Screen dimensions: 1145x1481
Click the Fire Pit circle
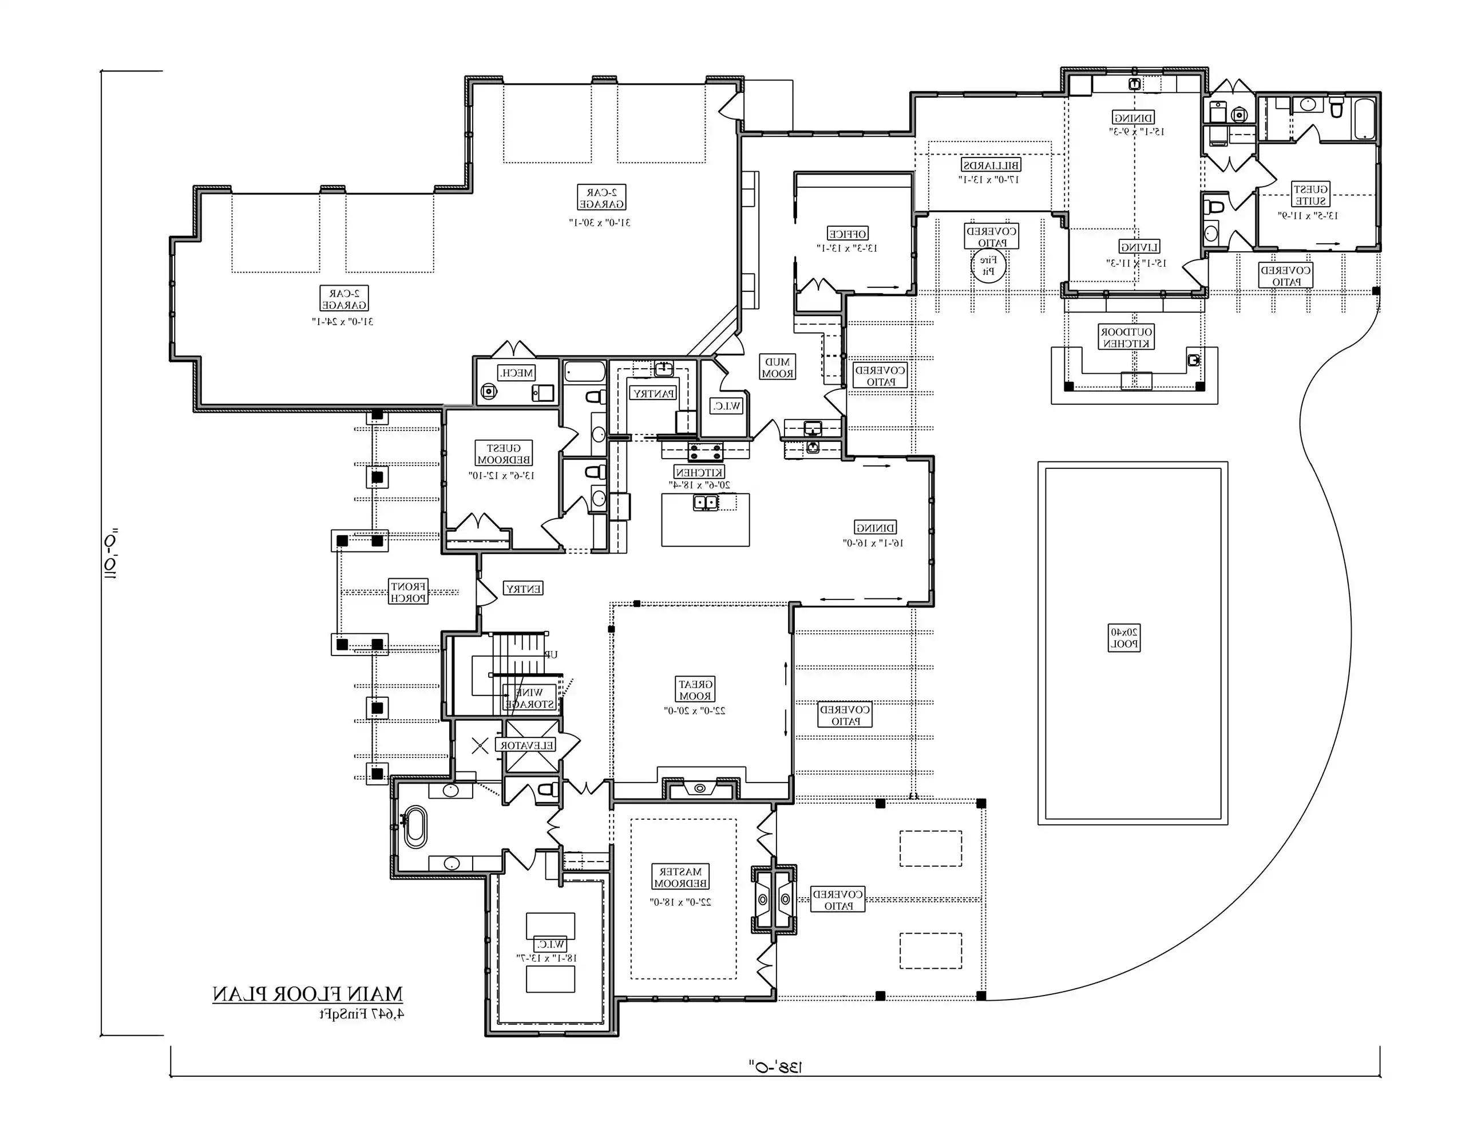(x=989, y=265)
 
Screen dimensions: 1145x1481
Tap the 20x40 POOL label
(x=1124, y=638)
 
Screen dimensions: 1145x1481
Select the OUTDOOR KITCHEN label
(x=1126, y=337)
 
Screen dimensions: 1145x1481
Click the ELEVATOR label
(x=527, y=745)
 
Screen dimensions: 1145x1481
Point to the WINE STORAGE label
(x=529, y=698)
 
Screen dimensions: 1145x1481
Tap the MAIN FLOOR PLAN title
(x=307, y=994)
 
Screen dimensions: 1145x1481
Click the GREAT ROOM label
(x=695, y=690)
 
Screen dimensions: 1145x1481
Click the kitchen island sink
(x=705, y=503)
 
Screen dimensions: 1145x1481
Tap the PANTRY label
(x=653, y=393)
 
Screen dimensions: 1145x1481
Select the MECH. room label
(x=516, y=372)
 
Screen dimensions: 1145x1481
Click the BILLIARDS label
(x=991, y=165)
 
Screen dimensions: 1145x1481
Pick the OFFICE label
(x=847, y=234)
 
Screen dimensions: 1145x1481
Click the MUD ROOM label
(x=777, y=368)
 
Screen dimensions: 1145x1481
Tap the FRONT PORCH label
(x=408, y=591)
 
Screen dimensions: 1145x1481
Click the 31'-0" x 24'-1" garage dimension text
(x=343, y=321)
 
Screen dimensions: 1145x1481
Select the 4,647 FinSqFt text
(x=362, y=1014)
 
